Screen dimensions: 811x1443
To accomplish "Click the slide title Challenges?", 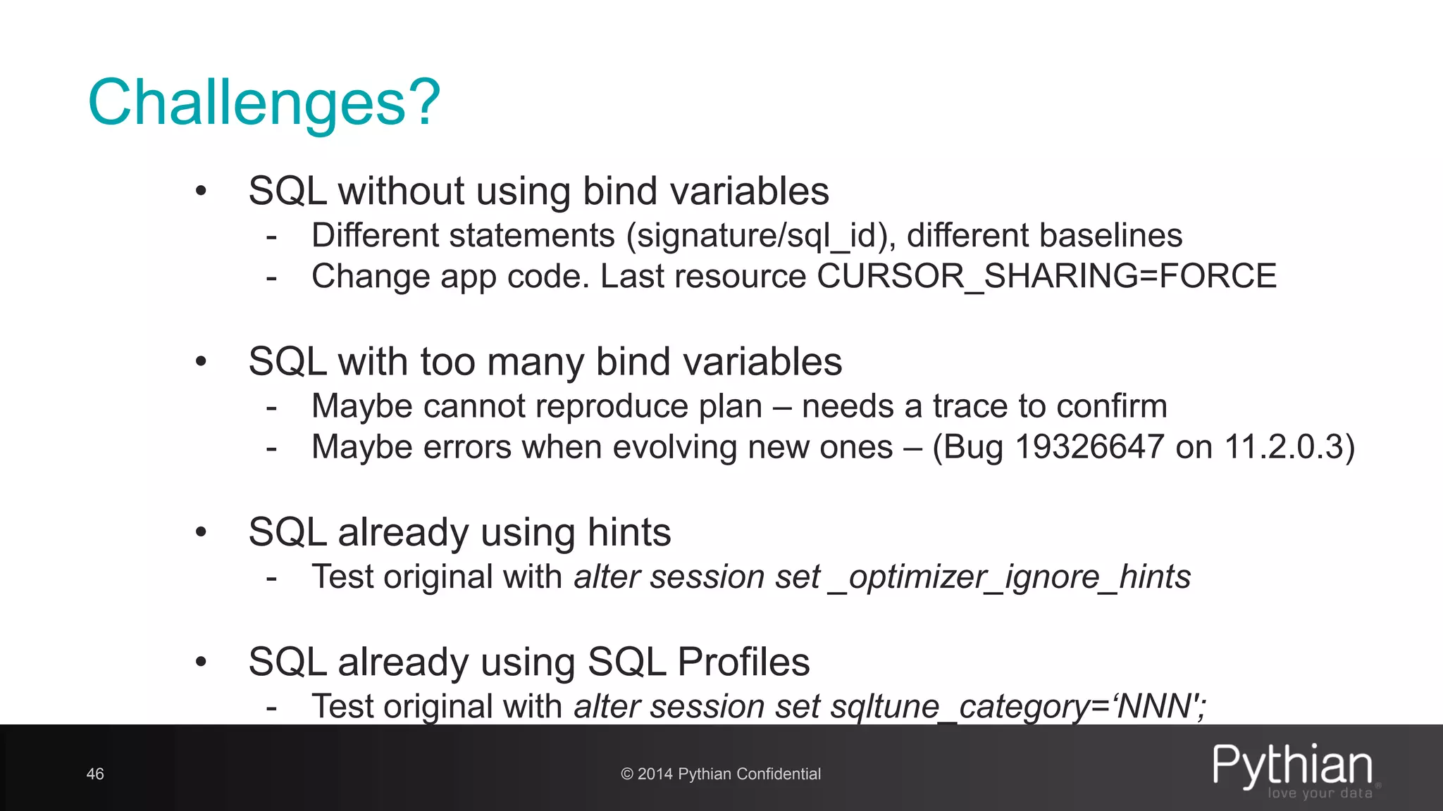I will (x=264, y=103).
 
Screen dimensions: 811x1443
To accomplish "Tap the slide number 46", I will (x=95, y=774).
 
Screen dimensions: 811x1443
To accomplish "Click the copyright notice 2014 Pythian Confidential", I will (x=721, y=774).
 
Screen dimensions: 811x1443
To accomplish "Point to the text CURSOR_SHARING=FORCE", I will (x=1046, y=276).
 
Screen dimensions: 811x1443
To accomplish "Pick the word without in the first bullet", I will (x=401, y=191).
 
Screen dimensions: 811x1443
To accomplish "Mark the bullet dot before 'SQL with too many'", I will (x=202, y=362).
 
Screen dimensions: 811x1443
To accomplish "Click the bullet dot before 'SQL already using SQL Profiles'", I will (x=202, y=662).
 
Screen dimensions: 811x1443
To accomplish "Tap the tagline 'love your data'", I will (x=1320, y=793).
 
